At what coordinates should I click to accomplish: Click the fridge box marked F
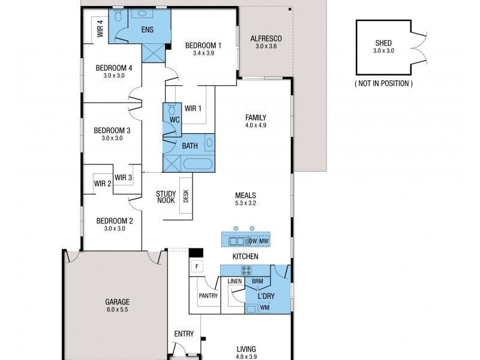(x=196, y=266)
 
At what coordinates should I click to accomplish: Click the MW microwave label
(x=263, y=241)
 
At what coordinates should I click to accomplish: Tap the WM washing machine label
(x=265, y=308)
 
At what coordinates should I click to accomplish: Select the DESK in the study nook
(x=186, y=197)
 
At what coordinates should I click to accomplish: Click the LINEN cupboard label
(x=235, y=281)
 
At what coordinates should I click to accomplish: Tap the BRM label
(x=257, y=281)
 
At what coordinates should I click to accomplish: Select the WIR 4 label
(x=100, y=29)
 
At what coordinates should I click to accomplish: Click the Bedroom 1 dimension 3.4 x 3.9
(x=203, y=53)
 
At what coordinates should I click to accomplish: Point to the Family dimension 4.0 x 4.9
(x=256, y=125)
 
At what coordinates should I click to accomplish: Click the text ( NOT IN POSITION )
(x=384, y=83)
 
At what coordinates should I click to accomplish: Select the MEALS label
(x=246, y=195)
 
